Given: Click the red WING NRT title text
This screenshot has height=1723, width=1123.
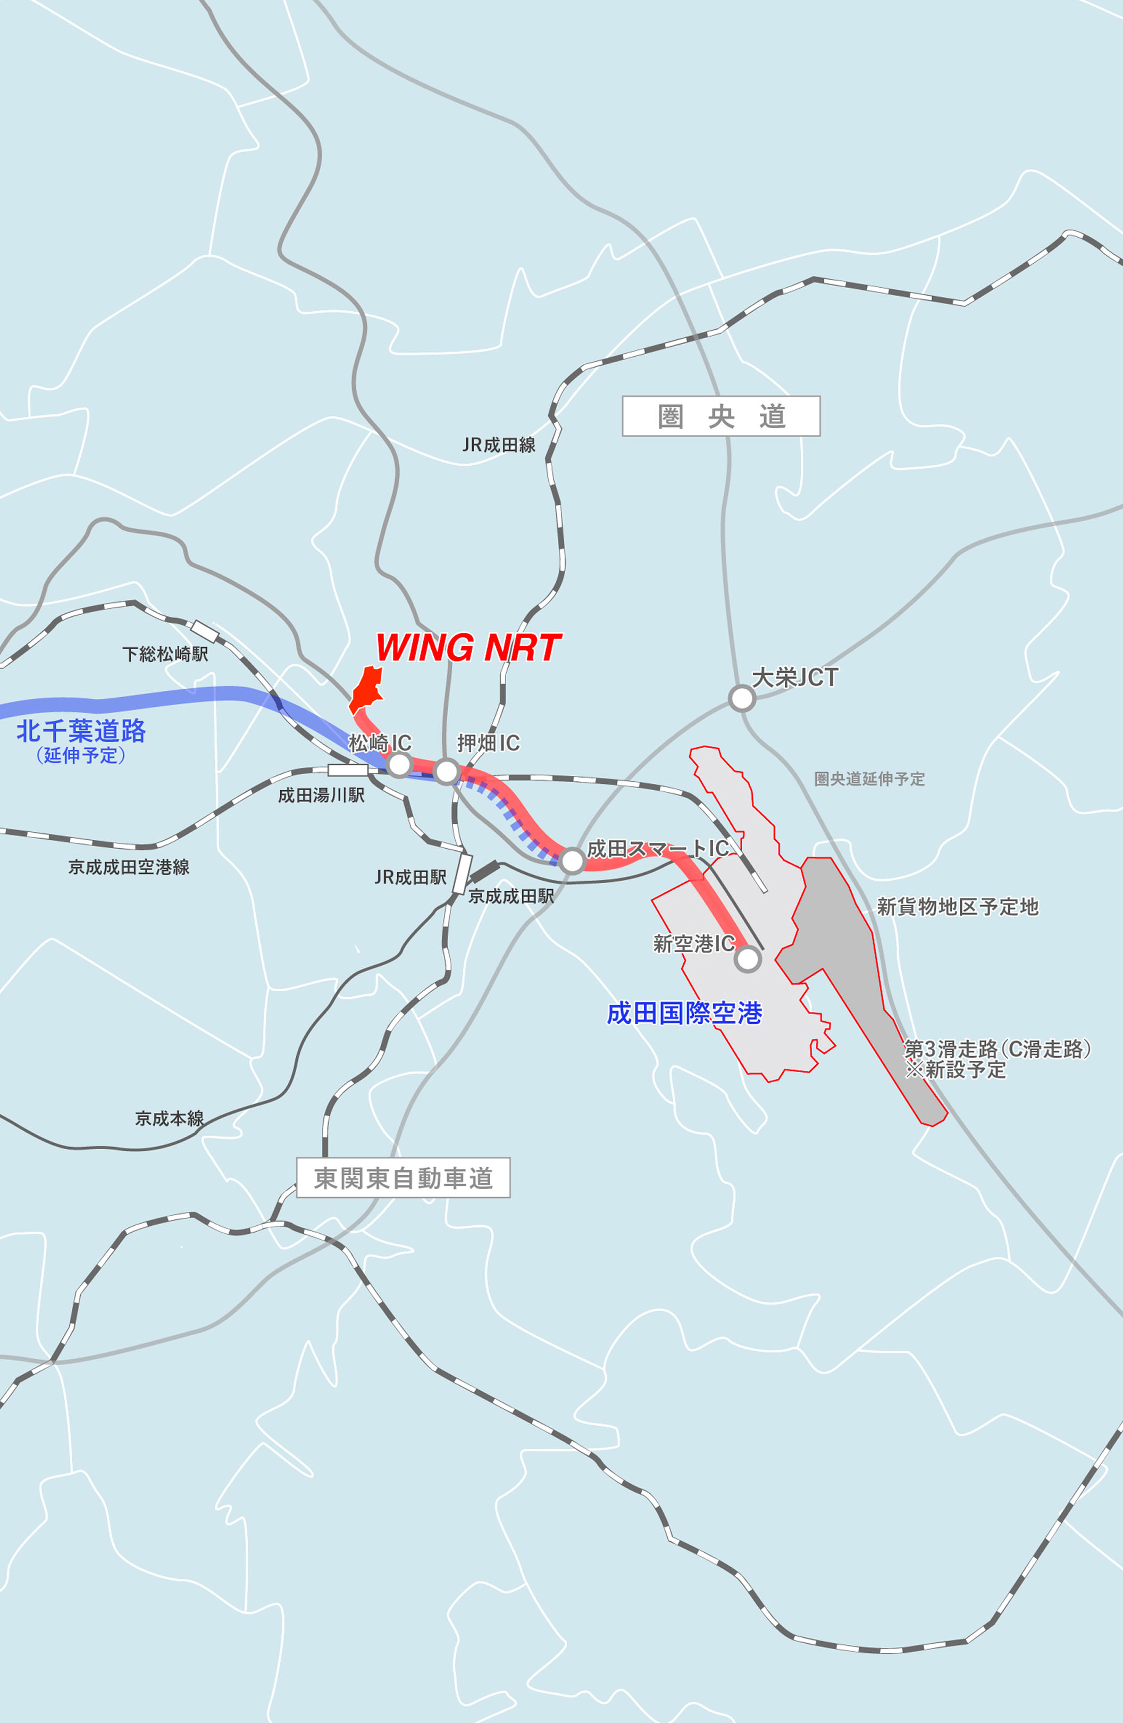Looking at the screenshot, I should coord(468,647).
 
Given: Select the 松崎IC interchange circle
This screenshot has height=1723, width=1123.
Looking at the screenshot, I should coord(399,765).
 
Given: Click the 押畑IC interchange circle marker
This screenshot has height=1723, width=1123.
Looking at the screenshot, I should coord(447,772).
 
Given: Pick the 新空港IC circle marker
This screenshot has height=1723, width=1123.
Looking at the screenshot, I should coord(747,959).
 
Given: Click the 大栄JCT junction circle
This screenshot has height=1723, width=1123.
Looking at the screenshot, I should coord(741,699).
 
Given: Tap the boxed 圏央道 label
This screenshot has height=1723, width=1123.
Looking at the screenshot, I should coord(721,416).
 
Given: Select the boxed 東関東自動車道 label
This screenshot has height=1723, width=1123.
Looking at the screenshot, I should coord(403,1178).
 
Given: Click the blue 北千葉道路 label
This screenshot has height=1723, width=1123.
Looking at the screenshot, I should coord(81,731).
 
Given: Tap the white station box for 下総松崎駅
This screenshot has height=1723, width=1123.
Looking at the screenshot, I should coord(205,631).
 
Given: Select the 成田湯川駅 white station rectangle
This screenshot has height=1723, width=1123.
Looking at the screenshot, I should coord(348,770).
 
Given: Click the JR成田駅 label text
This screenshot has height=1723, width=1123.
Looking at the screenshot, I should coord(410,877).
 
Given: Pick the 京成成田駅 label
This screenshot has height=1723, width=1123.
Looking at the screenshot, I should coord(511,896).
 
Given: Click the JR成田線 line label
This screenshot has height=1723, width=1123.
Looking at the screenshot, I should coord(499,445).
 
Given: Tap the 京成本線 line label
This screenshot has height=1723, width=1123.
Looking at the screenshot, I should coord(170,1118).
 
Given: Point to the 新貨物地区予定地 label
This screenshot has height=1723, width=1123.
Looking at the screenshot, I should coord(957,906).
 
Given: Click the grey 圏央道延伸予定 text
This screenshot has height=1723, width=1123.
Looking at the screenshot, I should coord(869,779).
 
